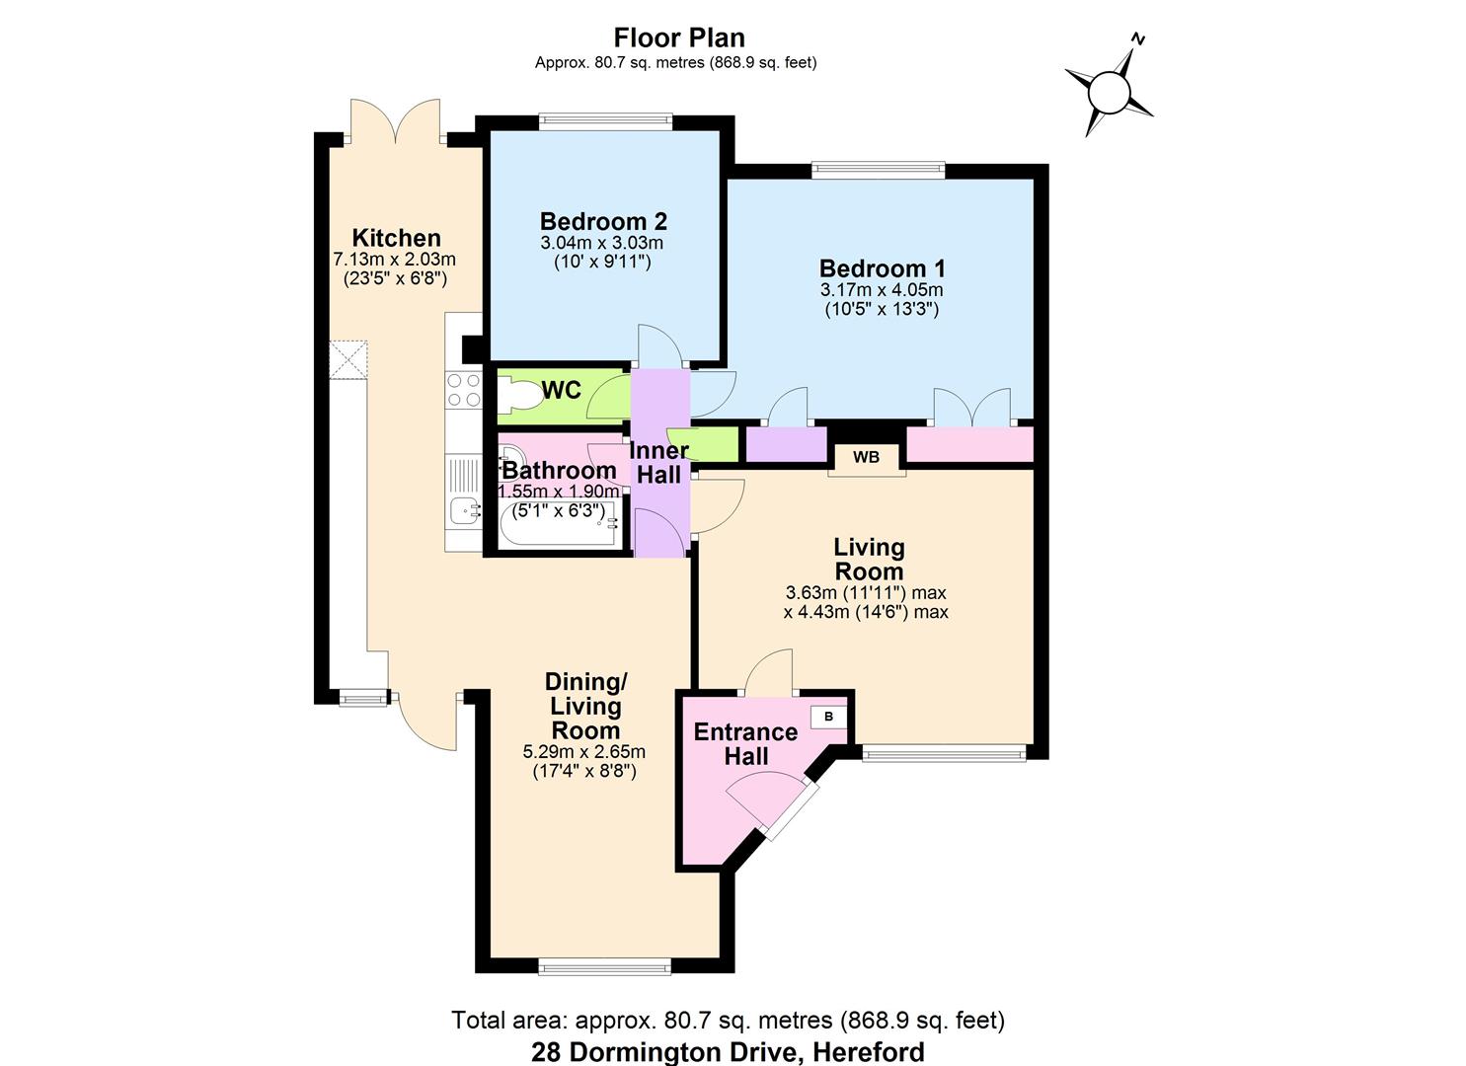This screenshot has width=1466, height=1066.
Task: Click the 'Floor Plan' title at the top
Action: [x=678, y=38]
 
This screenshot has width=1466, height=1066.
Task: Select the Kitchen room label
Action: [x=396, y=238]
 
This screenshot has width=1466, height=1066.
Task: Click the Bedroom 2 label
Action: [x=603, y=221]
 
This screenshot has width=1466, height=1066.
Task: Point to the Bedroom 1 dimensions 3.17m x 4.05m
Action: [x=882, y=290]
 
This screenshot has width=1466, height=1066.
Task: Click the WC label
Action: [x=562, y=391]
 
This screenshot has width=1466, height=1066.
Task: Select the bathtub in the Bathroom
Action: [x=560, y=524]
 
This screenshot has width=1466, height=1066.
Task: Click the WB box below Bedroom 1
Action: [x=866, y=457]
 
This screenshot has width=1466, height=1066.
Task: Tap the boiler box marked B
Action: [x=828, y=717]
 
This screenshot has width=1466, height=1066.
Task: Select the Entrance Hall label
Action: [x=745, y=744]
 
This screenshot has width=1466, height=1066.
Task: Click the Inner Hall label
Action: [x=659, y=463]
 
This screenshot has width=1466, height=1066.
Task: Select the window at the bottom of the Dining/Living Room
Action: [x=605, y=967]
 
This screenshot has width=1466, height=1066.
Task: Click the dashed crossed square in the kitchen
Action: [x=348, y=359]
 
